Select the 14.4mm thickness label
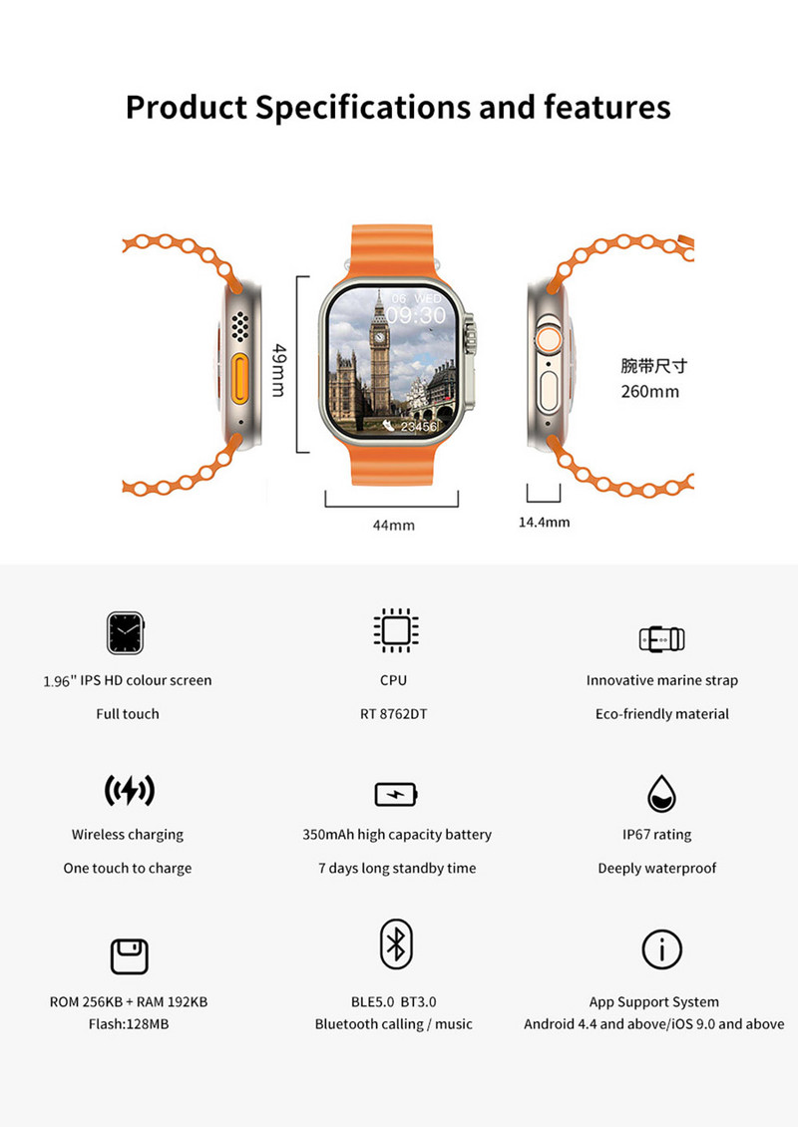544,522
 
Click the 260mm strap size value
649,391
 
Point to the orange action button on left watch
239,375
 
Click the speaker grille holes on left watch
239,325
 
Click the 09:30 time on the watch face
416,315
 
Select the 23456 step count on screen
419,427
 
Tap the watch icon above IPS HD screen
127,632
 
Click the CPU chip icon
395,631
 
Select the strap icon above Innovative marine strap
661,638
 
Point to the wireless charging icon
129,791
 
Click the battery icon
395,794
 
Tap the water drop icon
661,793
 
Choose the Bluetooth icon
396,943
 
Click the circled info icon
661,948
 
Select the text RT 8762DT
394,714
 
